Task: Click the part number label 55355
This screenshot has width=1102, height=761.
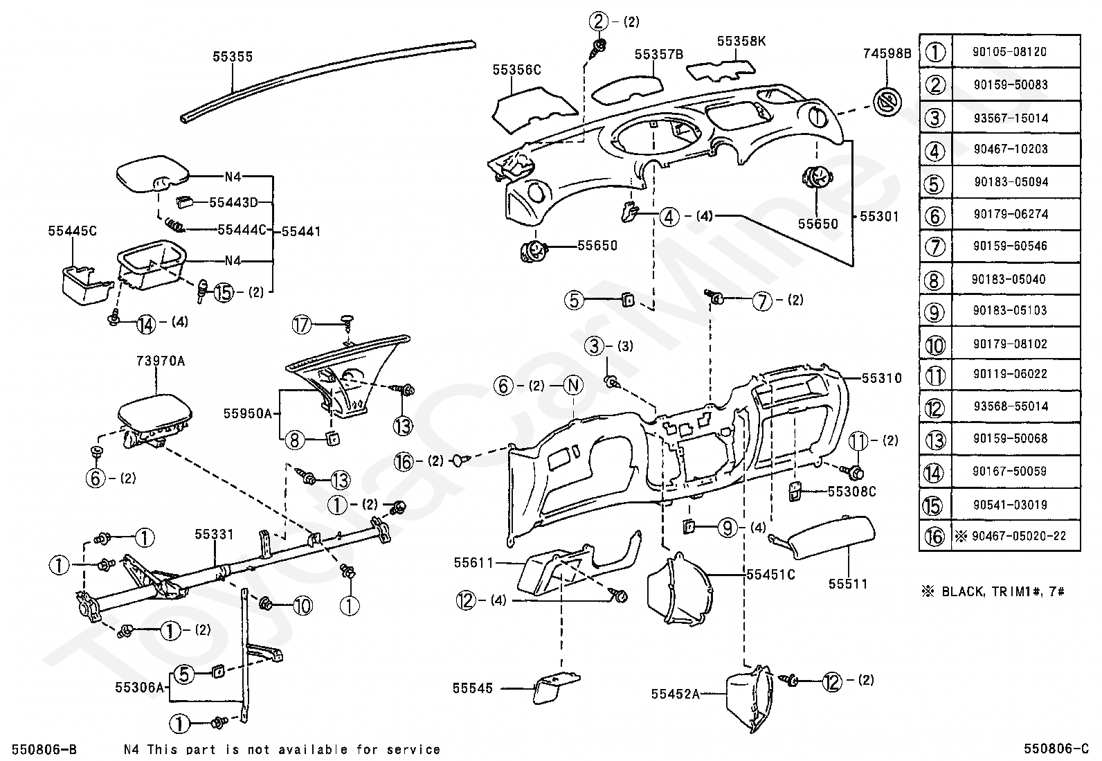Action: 233,57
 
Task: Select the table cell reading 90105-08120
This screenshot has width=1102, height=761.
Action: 1009,52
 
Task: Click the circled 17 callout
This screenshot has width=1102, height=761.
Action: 302,325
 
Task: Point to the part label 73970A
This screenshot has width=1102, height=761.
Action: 161,361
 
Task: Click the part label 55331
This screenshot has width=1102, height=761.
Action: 214,534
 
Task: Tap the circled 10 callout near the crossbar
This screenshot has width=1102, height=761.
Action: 302,605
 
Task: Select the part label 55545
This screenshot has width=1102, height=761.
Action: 472,688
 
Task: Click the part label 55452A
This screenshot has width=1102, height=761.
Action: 676,694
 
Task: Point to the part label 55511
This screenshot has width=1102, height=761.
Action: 848,584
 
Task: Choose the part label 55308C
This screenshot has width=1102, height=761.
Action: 852,492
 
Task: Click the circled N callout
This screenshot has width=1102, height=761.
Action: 573,386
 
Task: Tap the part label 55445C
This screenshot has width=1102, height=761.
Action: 72,231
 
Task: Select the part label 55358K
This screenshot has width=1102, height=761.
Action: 741,42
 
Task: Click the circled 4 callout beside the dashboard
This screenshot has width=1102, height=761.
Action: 669,217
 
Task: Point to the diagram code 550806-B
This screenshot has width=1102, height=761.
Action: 44,749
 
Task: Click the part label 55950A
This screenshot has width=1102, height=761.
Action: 247,413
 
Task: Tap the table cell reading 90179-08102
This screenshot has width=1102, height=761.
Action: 1010,343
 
